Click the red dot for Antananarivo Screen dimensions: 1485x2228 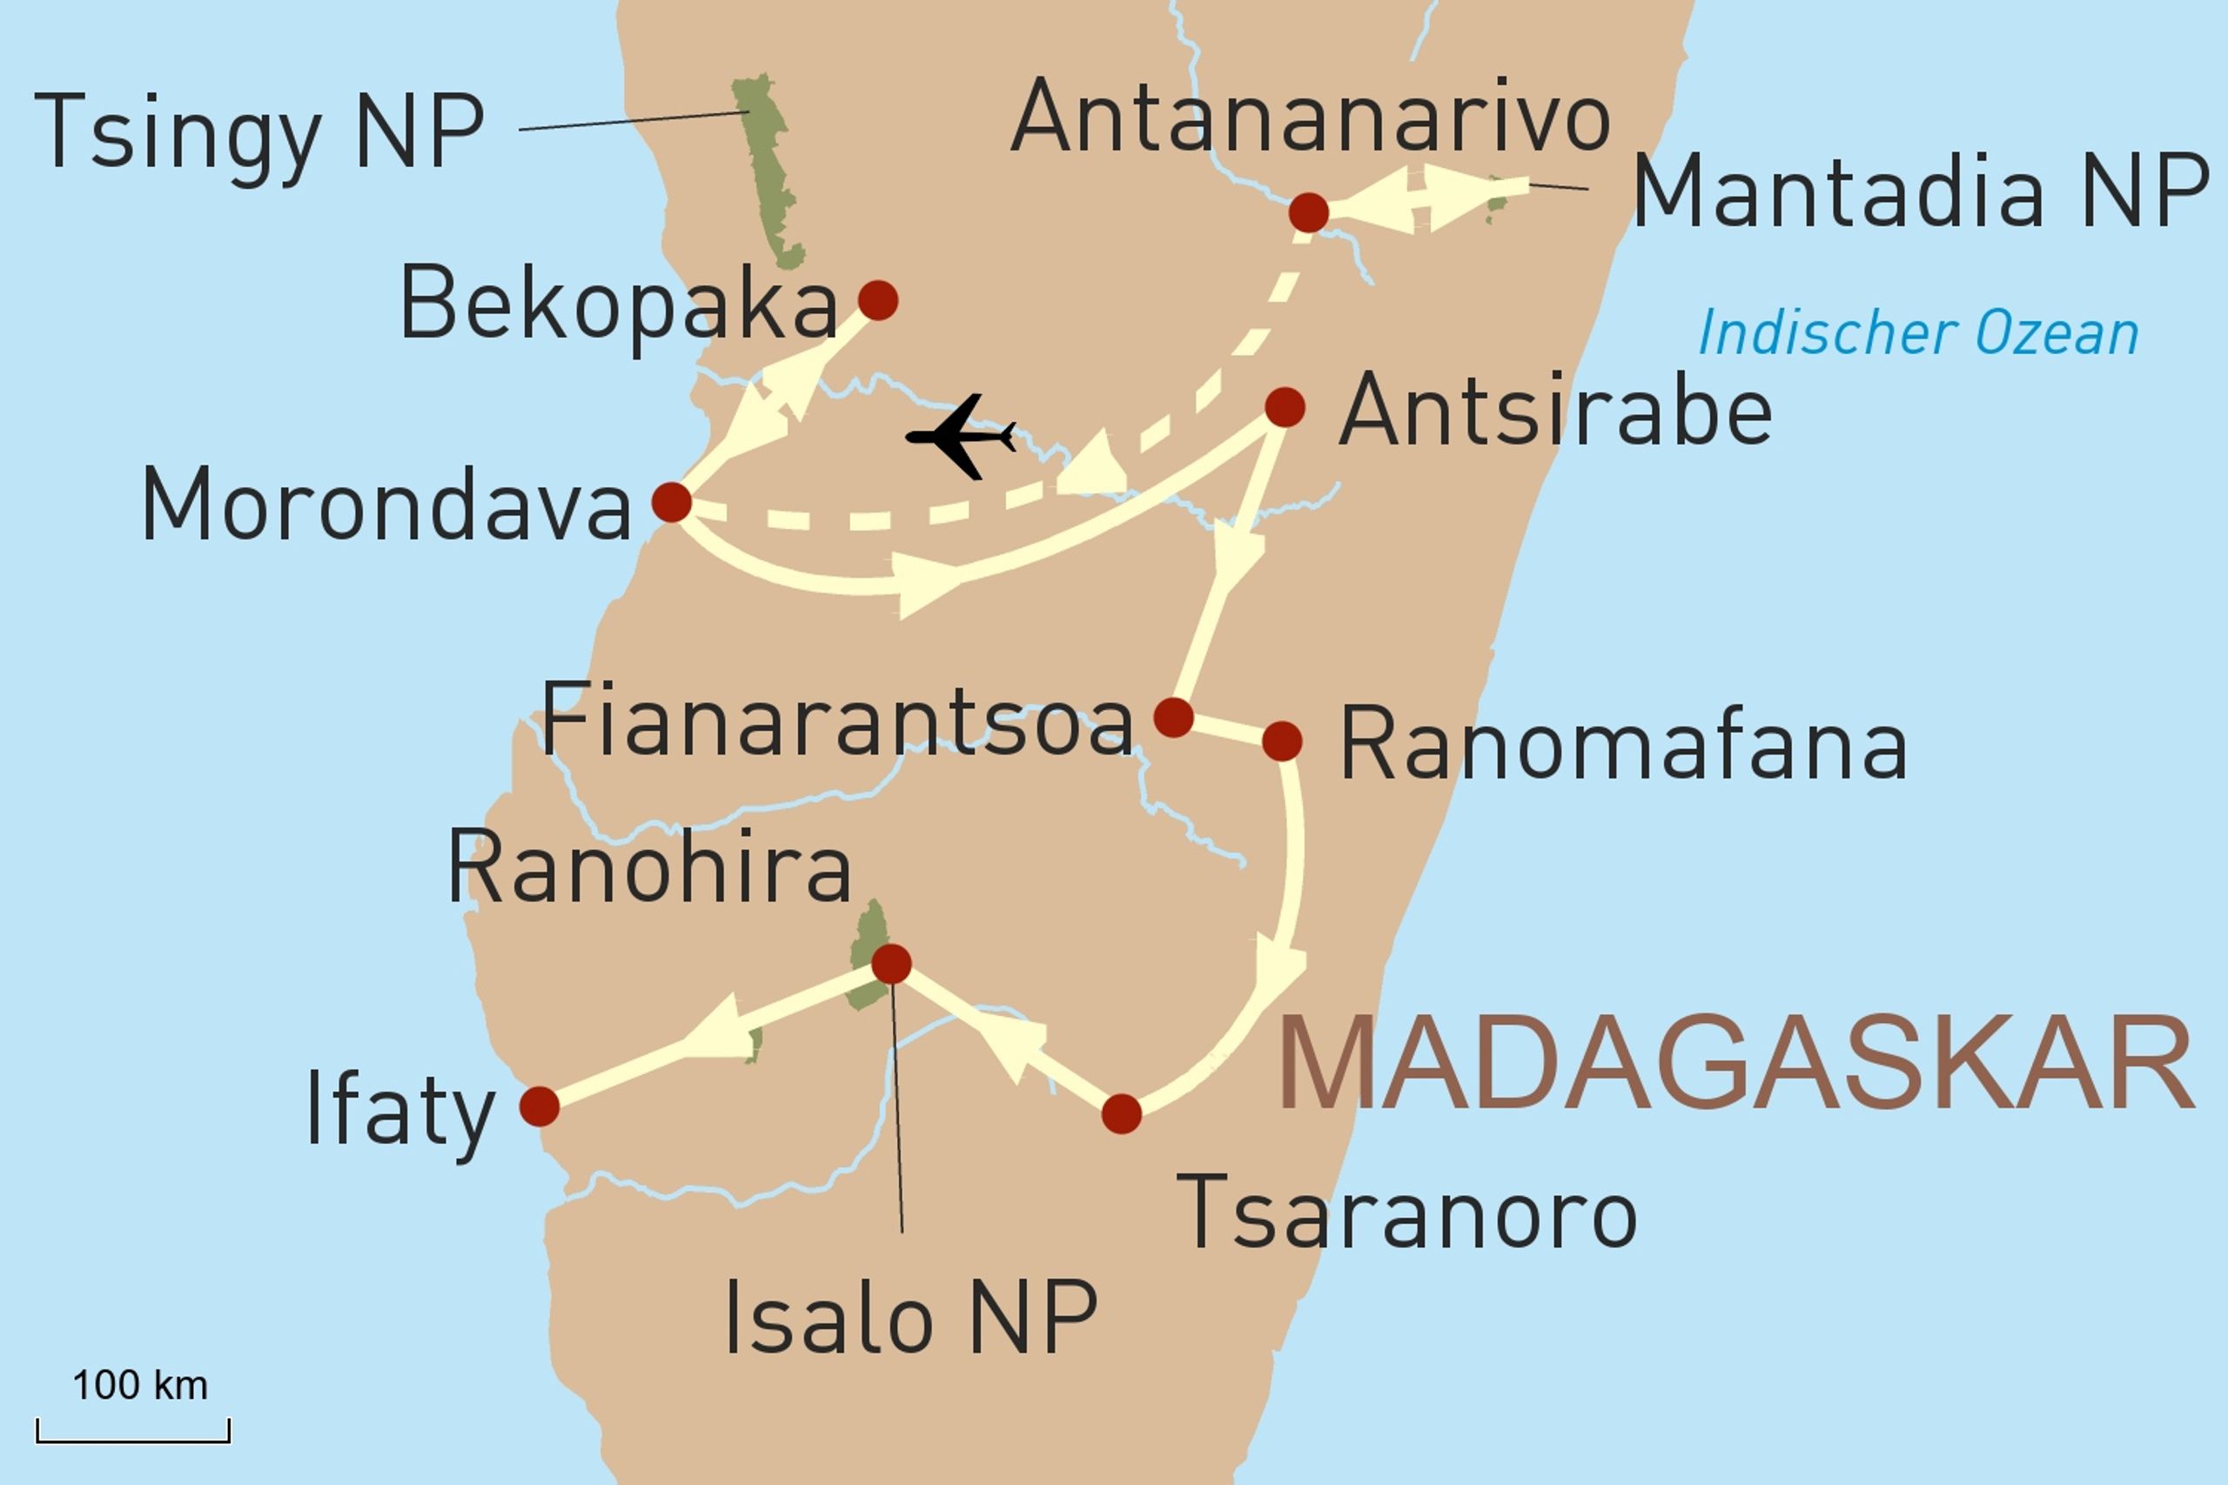pos(1308,212)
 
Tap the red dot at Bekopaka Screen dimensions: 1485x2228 pos(877,300)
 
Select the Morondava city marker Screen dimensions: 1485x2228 pos(672,502)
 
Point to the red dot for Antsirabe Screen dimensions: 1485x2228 pos(1285,407)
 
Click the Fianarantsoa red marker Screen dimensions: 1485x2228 pos(1172,718)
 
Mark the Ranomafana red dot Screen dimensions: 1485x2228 pos(1282,740)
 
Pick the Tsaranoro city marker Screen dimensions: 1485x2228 pos(1122,1114)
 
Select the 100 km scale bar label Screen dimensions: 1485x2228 pos(140,1386)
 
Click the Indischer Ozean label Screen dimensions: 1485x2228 pos(1918,333)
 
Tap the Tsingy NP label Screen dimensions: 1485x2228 pos(258,132)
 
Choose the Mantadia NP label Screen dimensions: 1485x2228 pos(1920,191)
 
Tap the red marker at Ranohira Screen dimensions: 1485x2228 pos(890,964)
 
